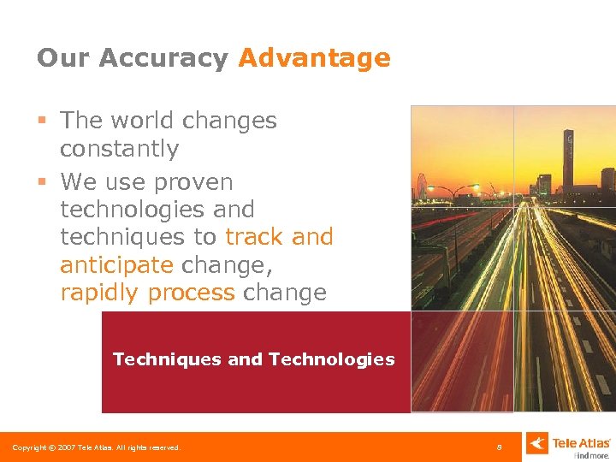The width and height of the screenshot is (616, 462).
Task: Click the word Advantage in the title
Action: click(314, 58)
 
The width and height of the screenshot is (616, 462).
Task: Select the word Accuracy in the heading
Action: click(163, 59)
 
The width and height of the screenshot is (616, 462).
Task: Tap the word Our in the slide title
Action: click(62, 58)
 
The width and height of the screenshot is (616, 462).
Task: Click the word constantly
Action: click(119, 149)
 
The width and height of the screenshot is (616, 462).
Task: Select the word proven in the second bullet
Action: click(194, 182)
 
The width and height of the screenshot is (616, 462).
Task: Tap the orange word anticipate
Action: click(116, 265)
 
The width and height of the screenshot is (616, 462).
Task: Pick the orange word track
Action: click(253, 237)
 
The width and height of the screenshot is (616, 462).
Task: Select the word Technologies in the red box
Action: click(332, 359)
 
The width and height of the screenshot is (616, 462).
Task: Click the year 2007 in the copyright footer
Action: click(67, 447)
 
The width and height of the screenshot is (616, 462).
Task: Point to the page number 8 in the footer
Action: click(500, 447)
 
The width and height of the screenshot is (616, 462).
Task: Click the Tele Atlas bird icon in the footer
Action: click(536, 443)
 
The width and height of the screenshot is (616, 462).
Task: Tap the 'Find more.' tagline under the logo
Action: click(592, 455)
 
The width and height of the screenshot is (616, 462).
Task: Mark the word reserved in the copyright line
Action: click(163, 447)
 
